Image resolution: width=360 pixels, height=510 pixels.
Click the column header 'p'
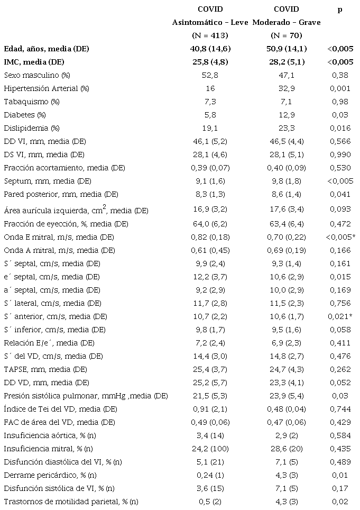pos(339,10)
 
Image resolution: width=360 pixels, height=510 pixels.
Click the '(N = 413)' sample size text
pos(210,35)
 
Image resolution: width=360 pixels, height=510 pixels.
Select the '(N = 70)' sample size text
pos(286,35)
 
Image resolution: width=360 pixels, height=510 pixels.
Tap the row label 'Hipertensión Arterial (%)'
pos(46,88)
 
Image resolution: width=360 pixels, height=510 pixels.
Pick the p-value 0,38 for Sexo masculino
pos(339,75)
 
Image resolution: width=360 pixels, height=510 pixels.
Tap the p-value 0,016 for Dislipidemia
pos(339,128)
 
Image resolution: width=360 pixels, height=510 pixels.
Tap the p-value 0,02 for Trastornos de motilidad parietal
pos(339,501)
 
